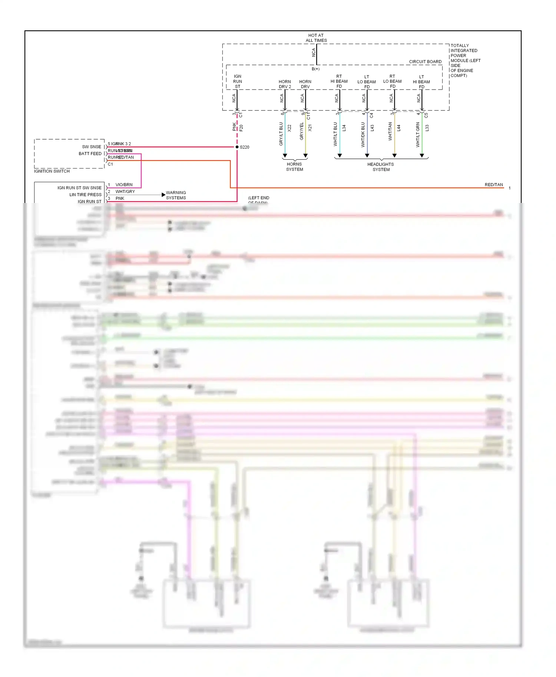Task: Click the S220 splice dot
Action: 237,147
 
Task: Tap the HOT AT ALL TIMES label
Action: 316,38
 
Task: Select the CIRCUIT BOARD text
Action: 425,62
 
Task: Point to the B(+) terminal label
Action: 315,69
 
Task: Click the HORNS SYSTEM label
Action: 294,167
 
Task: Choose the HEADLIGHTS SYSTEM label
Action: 381,167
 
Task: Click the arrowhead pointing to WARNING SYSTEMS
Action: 163,195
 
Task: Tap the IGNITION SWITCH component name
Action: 52,171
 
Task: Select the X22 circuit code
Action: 289,128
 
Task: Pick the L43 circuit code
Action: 372,128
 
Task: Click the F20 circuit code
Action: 241,128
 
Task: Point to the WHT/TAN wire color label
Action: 390,131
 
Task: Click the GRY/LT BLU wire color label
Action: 281,134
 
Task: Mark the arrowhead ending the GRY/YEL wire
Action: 305,156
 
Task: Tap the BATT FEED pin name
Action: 90,154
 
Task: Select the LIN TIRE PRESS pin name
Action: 85,195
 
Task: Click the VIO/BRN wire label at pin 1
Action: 124,185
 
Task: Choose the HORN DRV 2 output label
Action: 285,84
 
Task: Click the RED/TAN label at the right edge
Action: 494,185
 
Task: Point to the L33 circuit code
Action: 427,128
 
